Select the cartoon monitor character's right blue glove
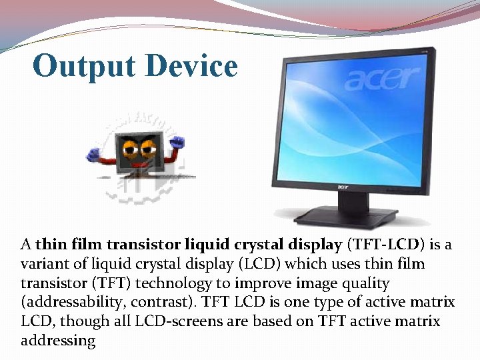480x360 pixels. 177,143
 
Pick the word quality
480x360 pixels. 364,283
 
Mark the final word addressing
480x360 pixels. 57,341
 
